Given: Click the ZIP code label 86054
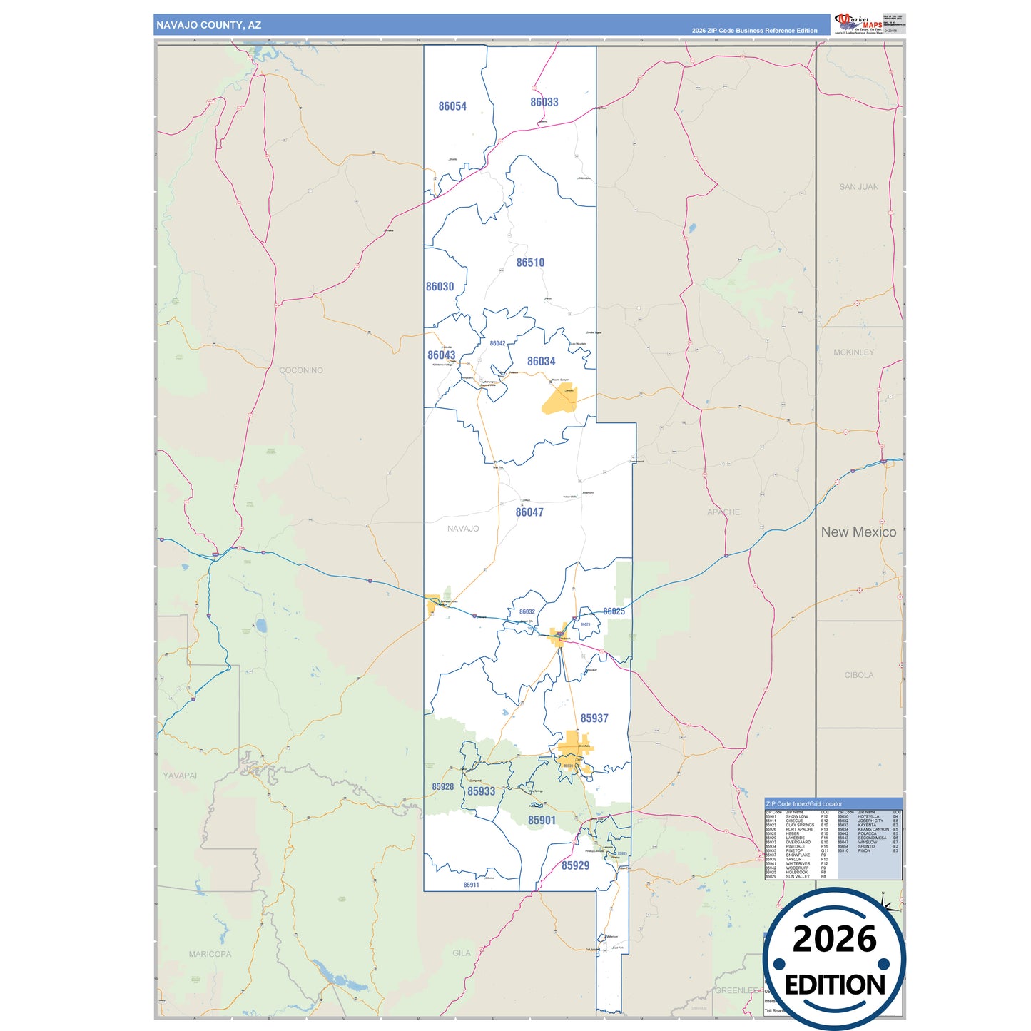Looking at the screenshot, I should (x=452, y=106).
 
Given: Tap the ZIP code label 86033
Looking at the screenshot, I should (x=544, y=102).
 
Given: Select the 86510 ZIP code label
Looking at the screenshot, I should (x=530, y=263).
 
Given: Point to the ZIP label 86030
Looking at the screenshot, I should (x=440, y=287).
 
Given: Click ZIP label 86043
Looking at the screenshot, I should (x=441, y=355).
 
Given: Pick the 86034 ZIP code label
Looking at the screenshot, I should (x=541, y=362).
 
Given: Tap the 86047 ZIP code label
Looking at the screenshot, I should (x=529, y=512).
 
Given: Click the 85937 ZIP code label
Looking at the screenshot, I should (x=594, y=718).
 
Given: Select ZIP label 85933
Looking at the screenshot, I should (x=481, y=791).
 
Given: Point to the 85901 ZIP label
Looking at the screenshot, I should (x=542, y=821).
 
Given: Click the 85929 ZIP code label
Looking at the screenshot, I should (x=575, y=865).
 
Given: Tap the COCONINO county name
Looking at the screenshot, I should (x=301, y=370).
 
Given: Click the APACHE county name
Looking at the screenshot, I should (x=723, y=512).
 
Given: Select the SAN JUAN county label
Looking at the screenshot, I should (x=859, y=187).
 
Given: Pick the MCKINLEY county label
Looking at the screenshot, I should (x=853, y=352).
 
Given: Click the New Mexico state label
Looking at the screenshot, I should (x=858, y=532).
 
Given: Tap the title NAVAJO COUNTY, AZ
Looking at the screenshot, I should (x=209, y=25).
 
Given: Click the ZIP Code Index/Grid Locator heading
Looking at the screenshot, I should (x=804, y=804).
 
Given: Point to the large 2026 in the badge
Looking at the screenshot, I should (x=834, y=939).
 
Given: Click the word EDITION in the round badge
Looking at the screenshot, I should (x=835, y=985).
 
